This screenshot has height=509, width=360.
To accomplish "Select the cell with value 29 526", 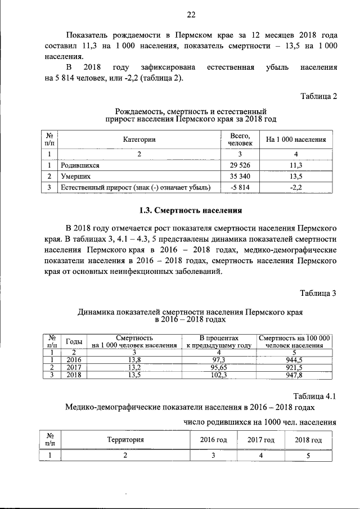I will click(x=240, y=165).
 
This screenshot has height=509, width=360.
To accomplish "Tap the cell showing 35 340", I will click(x=240, y=176).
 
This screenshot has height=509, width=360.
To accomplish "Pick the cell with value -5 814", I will click(x=240, y=187).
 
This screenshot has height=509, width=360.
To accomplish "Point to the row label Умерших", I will click(x=76, y=176).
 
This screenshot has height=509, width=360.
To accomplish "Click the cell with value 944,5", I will click(x=294, y=360).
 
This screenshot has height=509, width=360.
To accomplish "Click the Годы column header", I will click(x=75, y=341).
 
